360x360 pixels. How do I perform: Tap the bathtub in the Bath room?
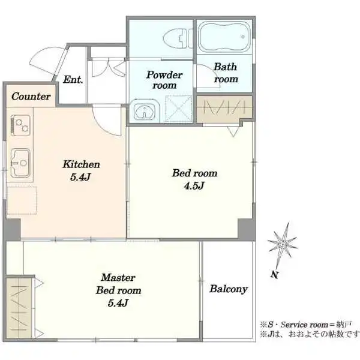[x=224, y=37]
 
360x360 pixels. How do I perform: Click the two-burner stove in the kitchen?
[x=20, y=125]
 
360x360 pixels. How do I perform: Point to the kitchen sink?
[x=20, y=163]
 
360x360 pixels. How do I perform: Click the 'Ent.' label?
[x=73, y=80]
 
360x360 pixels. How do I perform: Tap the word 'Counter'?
[x=31, y=97]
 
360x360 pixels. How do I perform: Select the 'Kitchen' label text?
[x=81, y=164]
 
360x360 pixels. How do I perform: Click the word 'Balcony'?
[x=229, y=289]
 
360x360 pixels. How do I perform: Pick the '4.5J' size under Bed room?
[x=194, y=186]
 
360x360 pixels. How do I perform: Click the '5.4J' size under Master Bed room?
[x=118, y=303]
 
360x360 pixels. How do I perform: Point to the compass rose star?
[x=283, y=244]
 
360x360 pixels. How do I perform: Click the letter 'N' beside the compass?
[x=274, y=275]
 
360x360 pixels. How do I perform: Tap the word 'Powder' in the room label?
[x=164, y=75]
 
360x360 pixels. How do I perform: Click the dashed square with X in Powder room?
[x=179, y=109]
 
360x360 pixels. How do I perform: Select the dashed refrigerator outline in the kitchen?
[x=22, y=200]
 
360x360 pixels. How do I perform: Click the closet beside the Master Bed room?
[x=19, y=308]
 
